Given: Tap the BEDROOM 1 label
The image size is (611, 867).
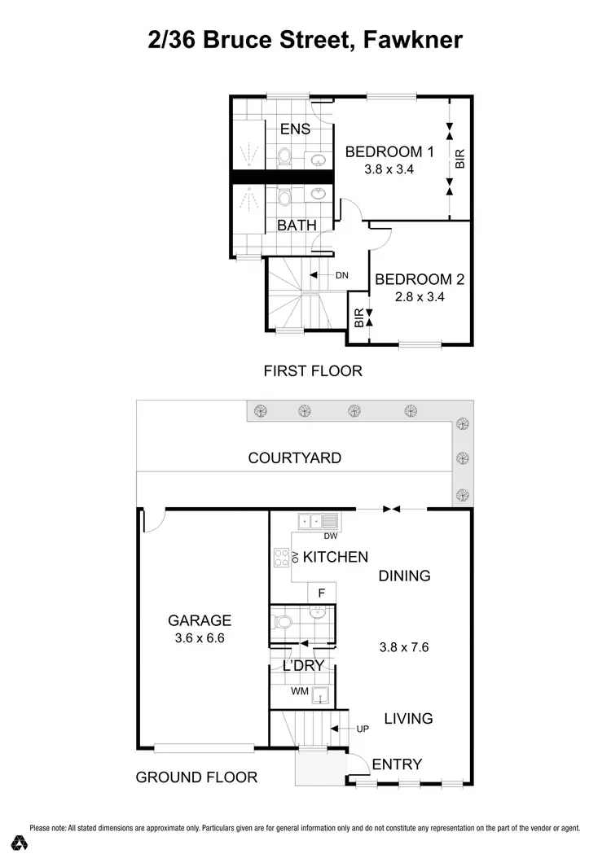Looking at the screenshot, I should [x=389, y=151].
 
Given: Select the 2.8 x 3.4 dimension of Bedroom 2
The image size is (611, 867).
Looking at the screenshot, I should [x=419, y=297].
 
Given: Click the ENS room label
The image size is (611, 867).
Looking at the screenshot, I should [x=295, y=129].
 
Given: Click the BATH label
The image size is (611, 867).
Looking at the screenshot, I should [x=297, y=225].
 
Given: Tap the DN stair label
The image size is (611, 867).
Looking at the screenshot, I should [x=341, y=275].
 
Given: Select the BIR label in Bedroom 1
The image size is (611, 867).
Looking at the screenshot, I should [x=459, y=157].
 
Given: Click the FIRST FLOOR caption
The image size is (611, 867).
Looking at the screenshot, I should [x=313, y=371].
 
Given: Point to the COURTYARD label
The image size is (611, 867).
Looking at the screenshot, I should [x=294, y=458].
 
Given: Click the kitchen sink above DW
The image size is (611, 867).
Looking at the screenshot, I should [x=319, y=522].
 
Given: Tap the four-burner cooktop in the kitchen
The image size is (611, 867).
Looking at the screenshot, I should [x=282, y=558].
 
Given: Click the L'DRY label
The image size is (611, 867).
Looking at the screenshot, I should [x=303, y=666].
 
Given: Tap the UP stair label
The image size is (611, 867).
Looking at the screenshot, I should [x=363, y=729].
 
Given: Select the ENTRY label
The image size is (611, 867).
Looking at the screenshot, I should [x=397, y=764].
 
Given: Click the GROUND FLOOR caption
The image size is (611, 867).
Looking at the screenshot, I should [x=196, y=777].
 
